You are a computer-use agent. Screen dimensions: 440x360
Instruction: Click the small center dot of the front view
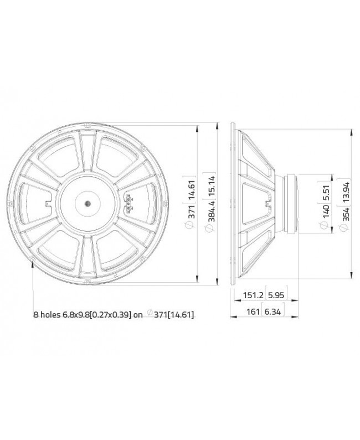88,203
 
